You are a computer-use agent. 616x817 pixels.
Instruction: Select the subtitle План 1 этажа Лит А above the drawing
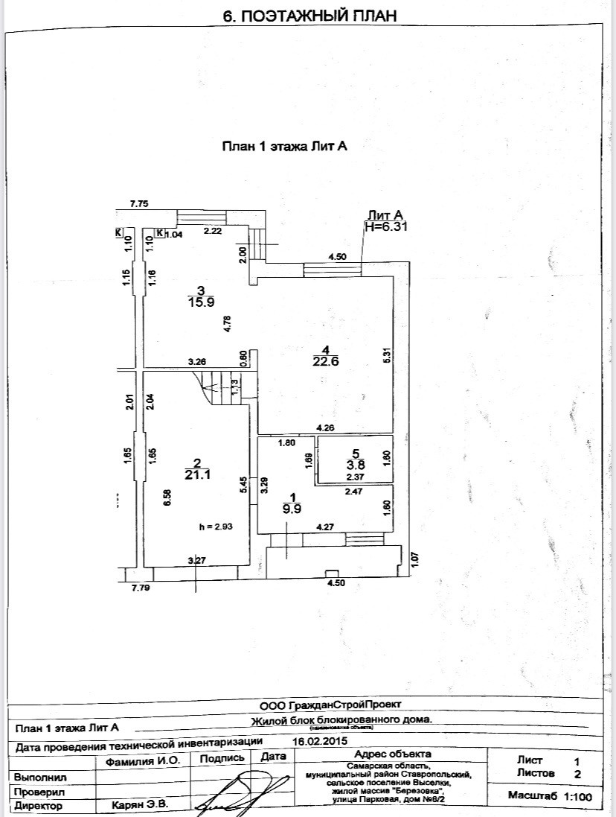286,147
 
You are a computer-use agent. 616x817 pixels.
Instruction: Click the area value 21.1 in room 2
194,473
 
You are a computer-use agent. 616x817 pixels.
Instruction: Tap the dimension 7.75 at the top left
140,203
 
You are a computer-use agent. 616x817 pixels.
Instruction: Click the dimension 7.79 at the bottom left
141,588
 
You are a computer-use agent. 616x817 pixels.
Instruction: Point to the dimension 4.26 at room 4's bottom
325,427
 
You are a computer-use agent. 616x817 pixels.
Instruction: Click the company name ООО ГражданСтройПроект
330,704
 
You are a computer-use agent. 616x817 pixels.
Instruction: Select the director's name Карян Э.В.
140,805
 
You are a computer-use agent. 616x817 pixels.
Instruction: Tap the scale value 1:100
578,797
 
